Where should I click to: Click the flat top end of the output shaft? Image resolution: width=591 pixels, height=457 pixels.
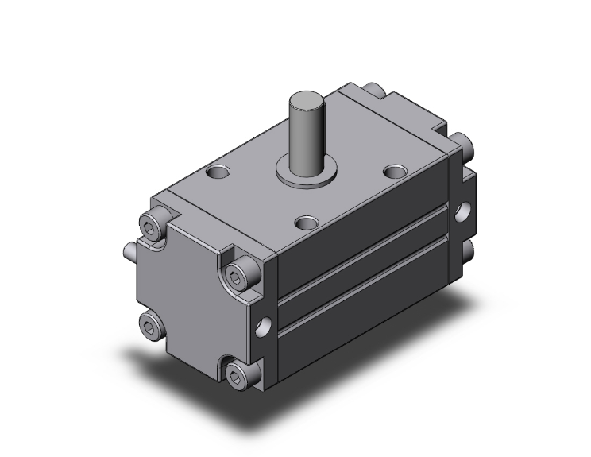pyautogui.click(x=307, y=102)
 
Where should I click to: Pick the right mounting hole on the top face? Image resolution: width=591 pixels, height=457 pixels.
pyautogui.click(x=393, y=171)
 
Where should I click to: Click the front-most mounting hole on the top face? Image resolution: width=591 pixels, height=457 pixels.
pyautogui.click(x=307, y=223)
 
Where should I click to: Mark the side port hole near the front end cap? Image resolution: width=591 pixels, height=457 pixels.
pyautogui.click(x=264, y=324)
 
